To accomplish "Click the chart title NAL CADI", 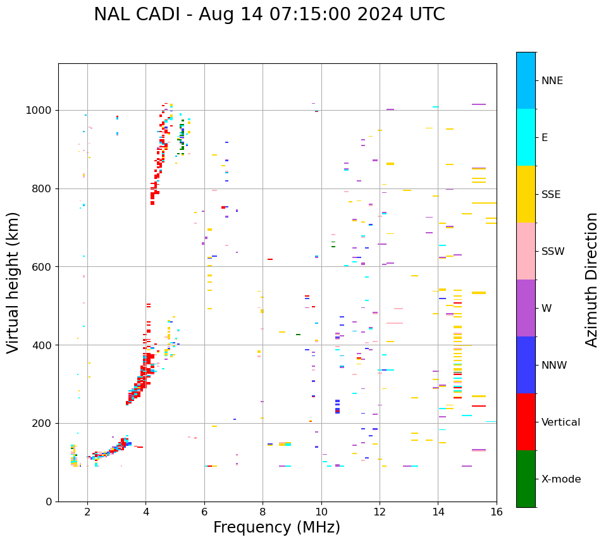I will [269, 15].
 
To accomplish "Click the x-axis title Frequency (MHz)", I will [276, 527].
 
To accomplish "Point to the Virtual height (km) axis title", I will [13, 282].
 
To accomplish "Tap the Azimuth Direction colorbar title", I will [591, 280].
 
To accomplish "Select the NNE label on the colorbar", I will [552, 81].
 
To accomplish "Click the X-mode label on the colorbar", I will [560, 479].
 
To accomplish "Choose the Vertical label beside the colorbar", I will [560, 422].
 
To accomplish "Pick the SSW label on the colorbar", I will [553, 252].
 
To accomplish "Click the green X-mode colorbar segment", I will [526, 479].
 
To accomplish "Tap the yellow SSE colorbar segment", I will [526, 194].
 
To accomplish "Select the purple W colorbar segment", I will [526, 308].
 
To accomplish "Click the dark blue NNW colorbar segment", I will [526, 365].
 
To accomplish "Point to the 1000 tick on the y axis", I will [40, 111].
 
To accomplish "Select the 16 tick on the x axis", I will [497, 512].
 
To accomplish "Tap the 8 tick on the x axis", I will [263, 512].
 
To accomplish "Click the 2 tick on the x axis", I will [87, 512].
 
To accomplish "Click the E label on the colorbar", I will [545, 138].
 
